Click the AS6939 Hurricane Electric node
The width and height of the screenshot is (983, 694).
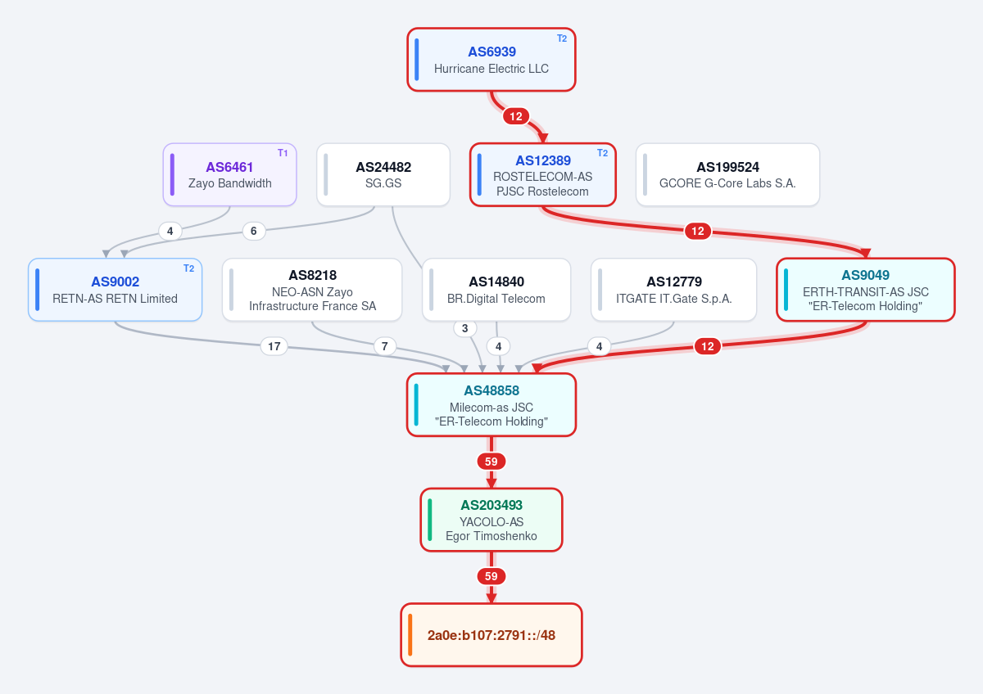point(491,60)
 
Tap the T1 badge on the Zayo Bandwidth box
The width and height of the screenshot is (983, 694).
point(283,153)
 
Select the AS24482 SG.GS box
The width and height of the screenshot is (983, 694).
point(383,174)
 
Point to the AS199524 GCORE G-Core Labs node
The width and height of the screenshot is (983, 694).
point(727,174)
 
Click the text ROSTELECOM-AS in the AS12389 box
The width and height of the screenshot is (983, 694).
point(542,177)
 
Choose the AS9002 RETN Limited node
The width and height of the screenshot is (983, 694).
point(115,290)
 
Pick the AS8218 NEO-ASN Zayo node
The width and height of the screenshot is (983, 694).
point(312,290)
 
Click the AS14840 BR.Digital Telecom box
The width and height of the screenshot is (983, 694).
point(496,290)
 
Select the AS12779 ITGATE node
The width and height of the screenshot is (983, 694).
point(673,290)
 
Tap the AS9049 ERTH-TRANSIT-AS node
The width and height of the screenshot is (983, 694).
point(865,290)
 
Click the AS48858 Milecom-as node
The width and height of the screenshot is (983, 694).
point(491,404)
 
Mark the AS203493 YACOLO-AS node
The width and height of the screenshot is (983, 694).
point(491,520)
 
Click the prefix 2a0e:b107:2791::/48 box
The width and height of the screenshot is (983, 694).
point(491,635)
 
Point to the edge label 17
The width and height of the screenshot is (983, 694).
point(274,346)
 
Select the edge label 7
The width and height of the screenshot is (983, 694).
point(385,346)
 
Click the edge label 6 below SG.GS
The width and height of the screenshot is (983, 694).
point(254,231)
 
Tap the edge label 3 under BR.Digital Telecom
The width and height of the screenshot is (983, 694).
point(465,328)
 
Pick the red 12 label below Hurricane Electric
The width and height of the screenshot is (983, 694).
point(516,116)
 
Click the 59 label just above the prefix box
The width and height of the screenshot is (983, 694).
point(491,576)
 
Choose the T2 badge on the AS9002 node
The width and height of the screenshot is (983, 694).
point(188,268)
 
